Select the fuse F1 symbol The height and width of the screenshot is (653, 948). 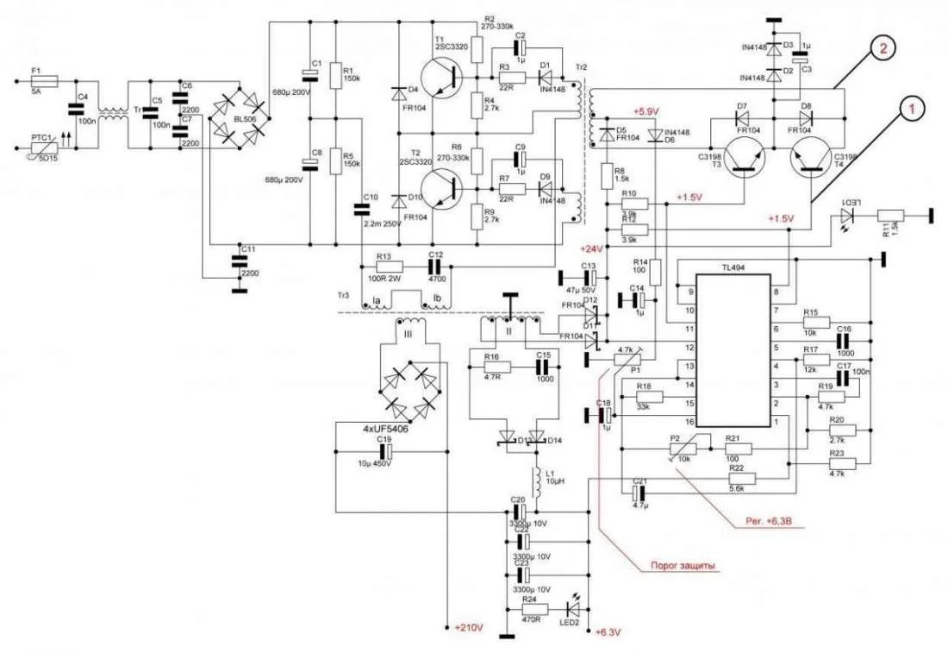[x=43, y=81]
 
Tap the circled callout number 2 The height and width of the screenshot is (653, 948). [x=880, y=49]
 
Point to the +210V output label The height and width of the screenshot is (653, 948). [x=469, y=627]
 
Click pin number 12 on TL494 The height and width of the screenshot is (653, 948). [x=688, y=348]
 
